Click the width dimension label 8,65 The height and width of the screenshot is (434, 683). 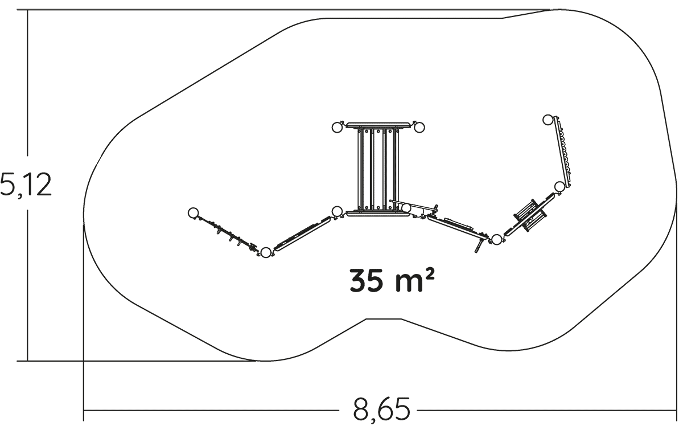381,409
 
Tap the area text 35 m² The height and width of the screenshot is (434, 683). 392,280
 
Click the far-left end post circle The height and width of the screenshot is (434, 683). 193,212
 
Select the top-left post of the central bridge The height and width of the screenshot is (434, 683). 337,127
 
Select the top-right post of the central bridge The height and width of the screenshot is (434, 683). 419,127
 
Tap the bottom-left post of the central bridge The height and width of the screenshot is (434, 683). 337,211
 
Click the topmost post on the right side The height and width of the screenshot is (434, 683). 548,120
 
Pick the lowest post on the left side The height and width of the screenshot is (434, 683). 266,252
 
